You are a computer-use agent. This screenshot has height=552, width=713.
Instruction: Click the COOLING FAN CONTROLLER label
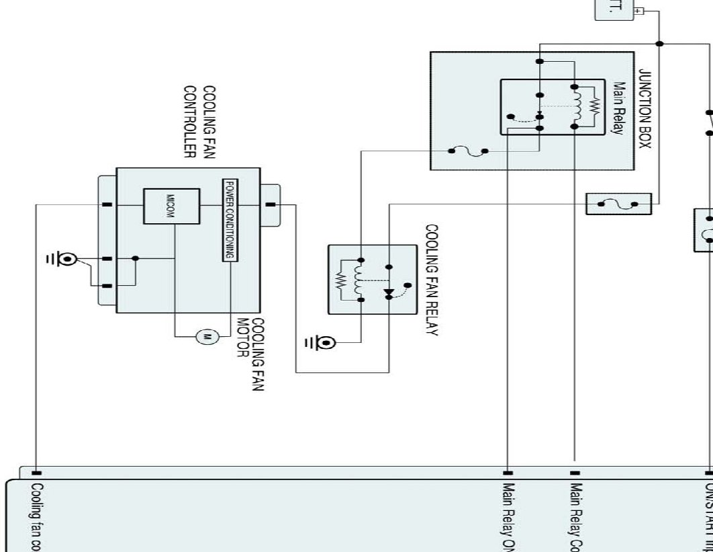pyautogui.click(x=199, y=121)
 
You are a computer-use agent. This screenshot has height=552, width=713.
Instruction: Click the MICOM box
pyautogui.click(x=171, y=206)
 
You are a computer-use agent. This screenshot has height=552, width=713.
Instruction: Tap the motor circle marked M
pyautogui.click(x=207, y=336)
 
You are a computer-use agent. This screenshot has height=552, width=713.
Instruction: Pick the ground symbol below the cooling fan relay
pyautogui.click(x=325, y=343)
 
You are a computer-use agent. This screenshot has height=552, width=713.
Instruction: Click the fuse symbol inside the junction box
pyautogui.click(x=468, y=151)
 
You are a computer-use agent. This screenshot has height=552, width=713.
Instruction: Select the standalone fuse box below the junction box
pyautogui.click(x=618, y=204)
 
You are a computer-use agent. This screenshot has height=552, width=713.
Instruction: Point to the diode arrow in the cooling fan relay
pyautogui.click(x=388, y=293)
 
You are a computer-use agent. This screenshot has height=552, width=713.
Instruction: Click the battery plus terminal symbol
pyautogui.click(x=638, y=11)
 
